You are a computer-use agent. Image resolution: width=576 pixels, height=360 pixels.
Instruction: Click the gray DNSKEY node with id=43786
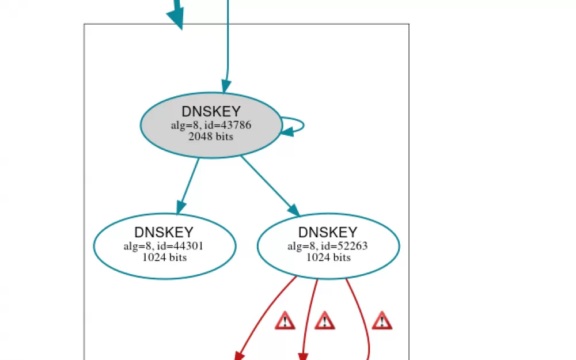pos(211,125)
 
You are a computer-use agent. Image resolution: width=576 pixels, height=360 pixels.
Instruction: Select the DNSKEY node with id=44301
pos(165,246)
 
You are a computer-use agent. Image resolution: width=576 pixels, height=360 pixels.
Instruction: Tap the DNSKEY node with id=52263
pos(328,246)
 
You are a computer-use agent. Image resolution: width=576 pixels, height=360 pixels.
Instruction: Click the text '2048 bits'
pos(211,137)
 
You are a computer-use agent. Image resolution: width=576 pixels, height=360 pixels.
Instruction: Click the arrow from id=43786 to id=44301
pos(188,186)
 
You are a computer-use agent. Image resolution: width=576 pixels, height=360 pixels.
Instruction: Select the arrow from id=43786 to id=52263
pos(270,186)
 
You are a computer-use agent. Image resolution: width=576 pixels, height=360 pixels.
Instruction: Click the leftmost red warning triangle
pos(285,321)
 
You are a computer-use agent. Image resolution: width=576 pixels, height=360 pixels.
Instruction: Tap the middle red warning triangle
pos(325,321)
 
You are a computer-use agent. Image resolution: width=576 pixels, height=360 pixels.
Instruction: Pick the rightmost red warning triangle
pos(382,321)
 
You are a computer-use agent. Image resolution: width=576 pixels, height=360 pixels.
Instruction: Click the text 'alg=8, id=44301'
pos(164,246)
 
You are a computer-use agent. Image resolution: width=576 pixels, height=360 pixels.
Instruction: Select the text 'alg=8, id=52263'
pos(328,246)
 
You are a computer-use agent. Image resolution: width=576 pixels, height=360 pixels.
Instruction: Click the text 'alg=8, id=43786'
pos(211,125)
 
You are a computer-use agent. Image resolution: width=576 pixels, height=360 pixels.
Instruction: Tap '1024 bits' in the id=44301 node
pos(165,257)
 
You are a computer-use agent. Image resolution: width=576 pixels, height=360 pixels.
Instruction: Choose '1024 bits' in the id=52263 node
pos(328,257)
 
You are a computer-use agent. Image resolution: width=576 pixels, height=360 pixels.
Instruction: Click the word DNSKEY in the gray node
pos(211,111)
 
